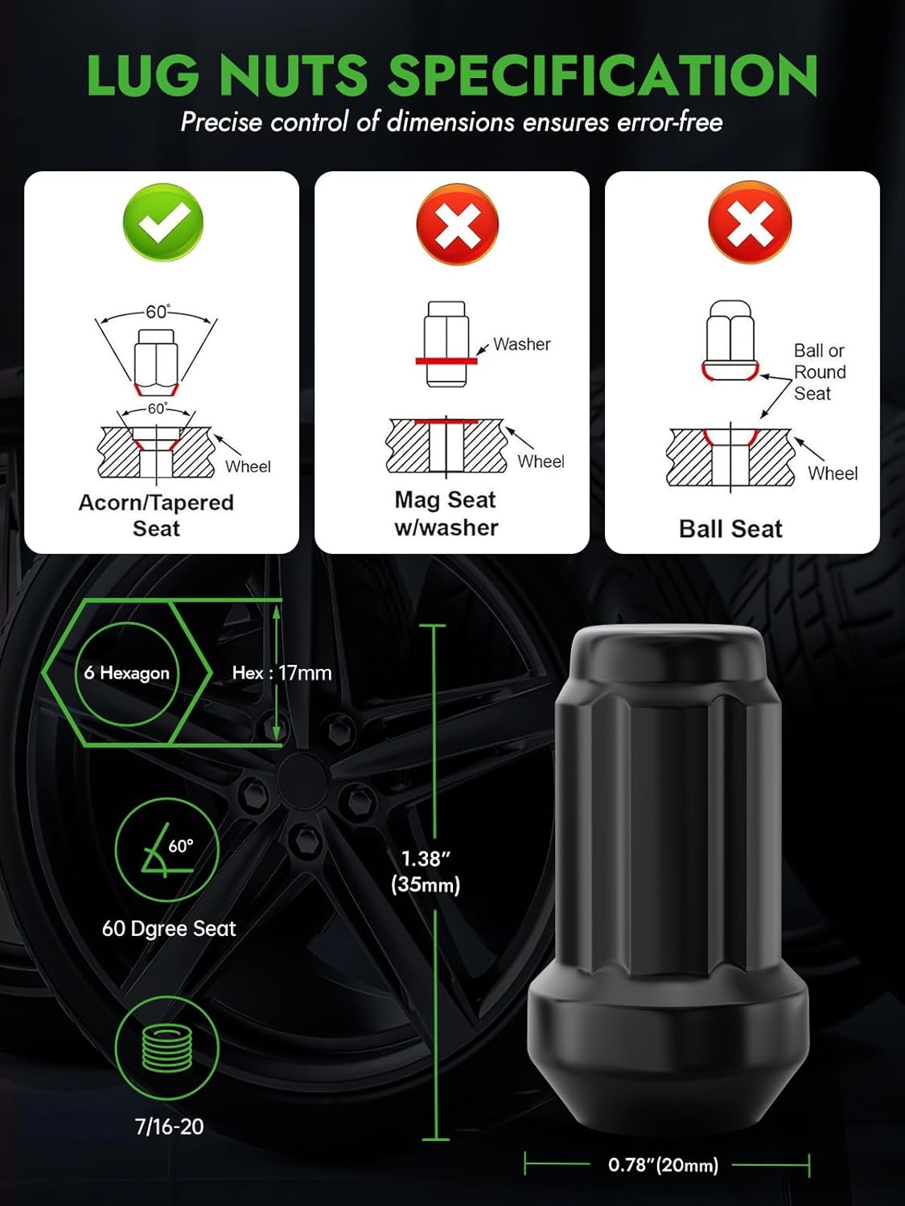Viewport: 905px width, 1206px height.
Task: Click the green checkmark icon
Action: click(162, 223)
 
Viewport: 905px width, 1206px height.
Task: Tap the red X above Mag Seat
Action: click(457, 224)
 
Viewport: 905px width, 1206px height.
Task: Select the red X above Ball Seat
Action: click(749, 223)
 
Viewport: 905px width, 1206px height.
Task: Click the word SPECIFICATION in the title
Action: click(603, 76)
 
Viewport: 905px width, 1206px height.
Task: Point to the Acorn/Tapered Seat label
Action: click(156, 515)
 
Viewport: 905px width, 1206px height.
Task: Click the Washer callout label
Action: click(521, 344)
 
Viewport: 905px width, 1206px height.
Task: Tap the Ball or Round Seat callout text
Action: click(819, 372)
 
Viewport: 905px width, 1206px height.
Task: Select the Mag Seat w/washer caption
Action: click(446, 514)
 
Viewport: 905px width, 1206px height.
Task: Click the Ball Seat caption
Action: click(730, 529)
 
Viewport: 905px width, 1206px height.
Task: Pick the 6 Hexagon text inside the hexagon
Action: click(127, 673)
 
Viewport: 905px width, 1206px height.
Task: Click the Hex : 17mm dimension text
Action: click(282, 673)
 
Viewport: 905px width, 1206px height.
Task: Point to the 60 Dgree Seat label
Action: click(169, 929)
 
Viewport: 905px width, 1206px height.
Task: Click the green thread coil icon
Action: click(167, 1048)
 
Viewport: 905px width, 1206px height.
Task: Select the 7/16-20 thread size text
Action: click(169, 1126)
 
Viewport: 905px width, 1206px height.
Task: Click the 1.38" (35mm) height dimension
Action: click(426, 872)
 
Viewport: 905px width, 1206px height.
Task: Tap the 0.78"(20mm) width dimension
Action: click(663, 1165)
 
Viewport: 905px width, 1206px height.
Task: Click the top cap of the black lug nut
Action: click(668, 651)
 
